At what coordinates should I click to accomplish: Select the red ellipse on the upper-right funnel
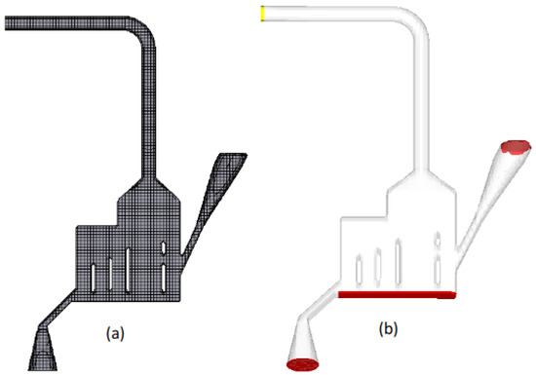click(516, 148)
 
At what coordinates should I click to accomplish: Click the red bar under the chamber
click(396, 293)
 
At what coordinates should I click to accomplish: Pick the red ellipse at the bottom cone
click(306, 365)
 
